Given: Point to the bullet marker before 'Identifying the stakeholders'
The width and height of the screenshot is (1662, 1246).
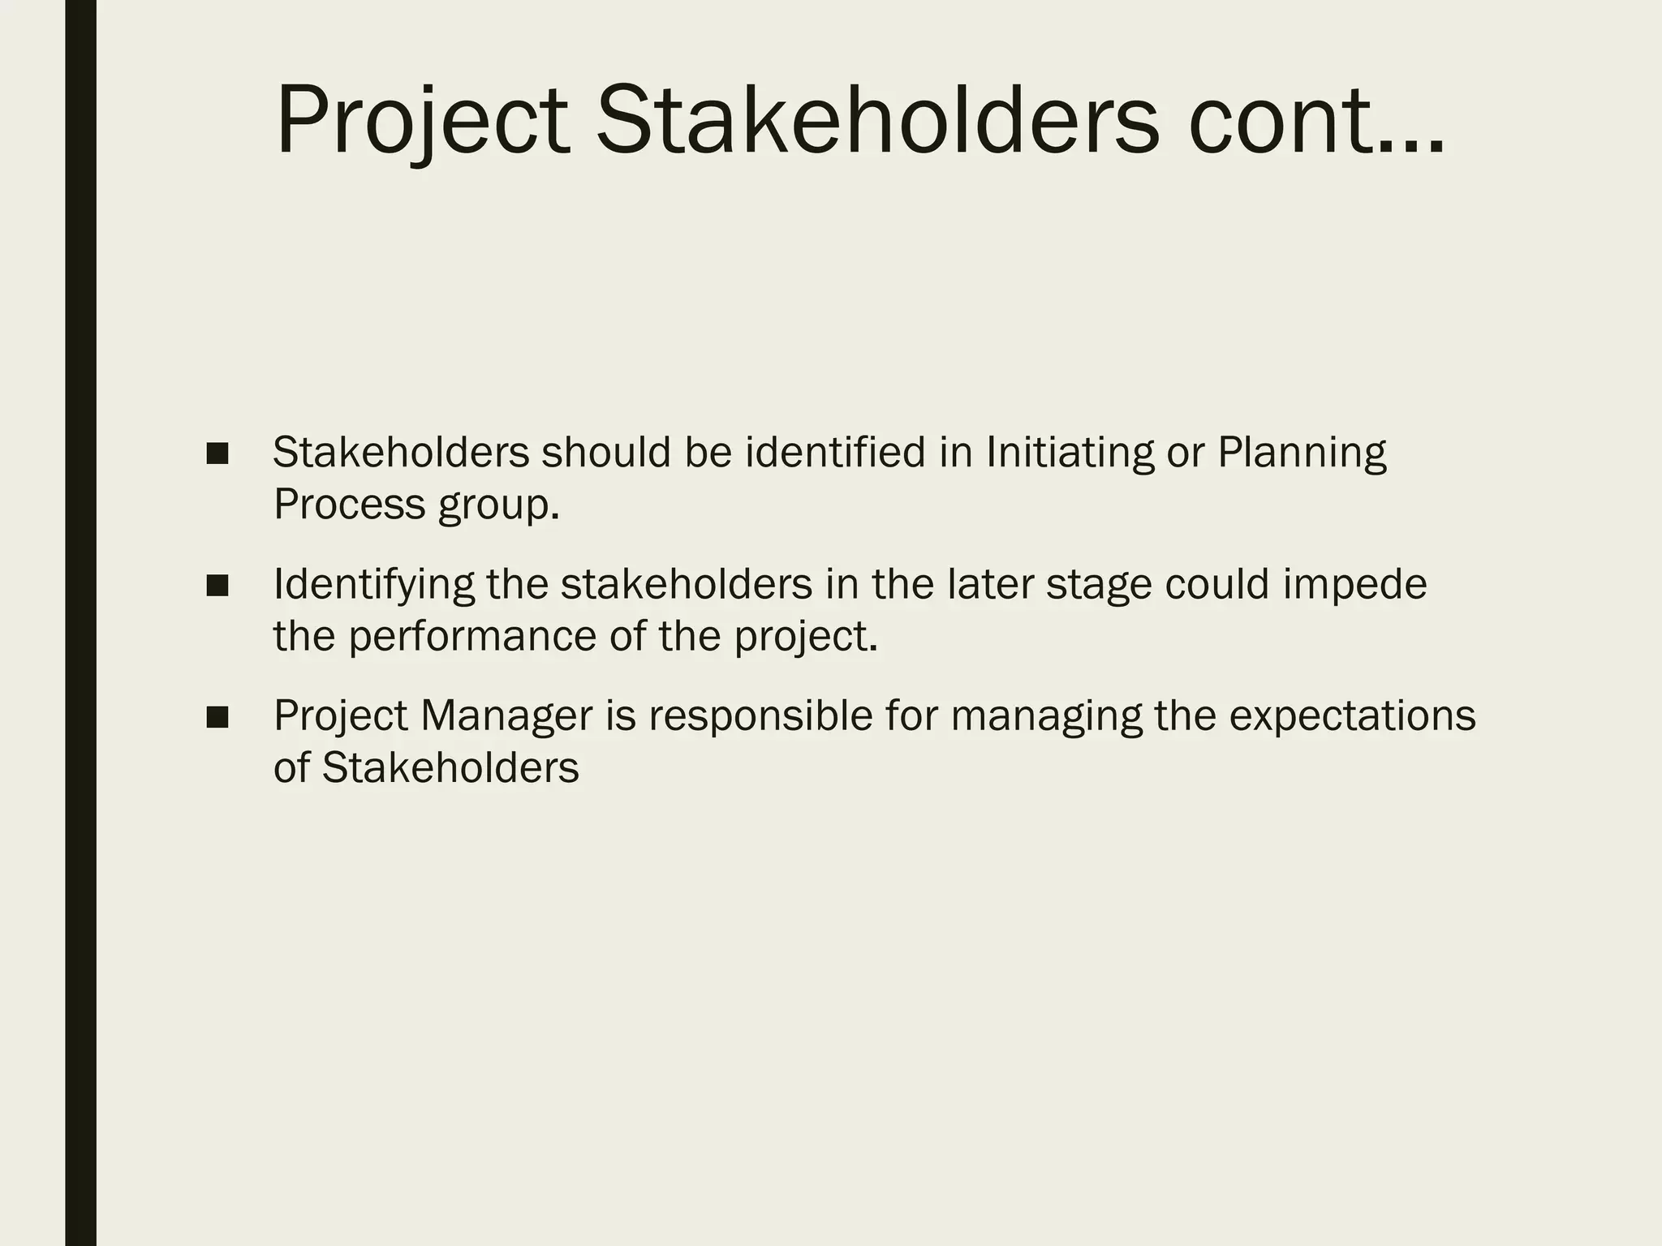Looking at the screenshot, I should coord(217,585).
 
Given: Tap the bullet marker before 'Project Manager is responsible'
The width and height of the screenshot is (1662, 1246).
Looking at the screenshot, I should coord(217,716).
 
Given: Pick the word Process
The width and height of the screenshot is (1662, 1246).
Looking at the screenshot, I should coord(350,505).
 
